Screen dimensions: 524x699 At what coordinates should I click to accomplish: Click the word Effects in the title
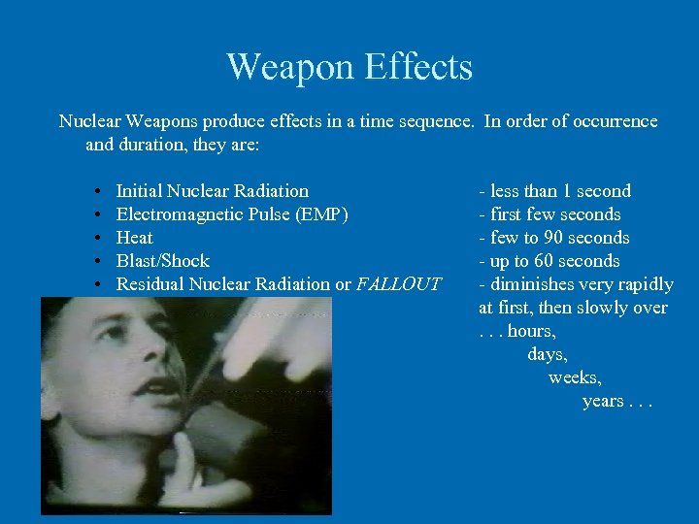pos(418,67)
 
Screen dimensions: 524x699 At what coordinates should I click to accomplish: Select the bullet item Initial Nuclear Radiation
pos(212,191)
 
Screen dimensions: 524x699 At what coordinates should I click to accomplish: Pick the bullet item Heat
pos(134,238)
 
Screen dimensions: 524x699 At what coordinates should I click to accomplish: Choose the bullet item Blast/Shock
pos(162,261)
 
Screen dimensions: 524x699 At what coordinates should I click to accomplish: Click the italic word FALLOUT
pos(398,284)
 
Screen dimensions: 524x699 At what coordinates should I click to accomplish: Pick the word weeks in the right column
pos(575,377)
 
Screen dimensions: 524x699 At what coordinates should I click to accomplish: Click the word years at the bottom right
pos(604,401)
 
